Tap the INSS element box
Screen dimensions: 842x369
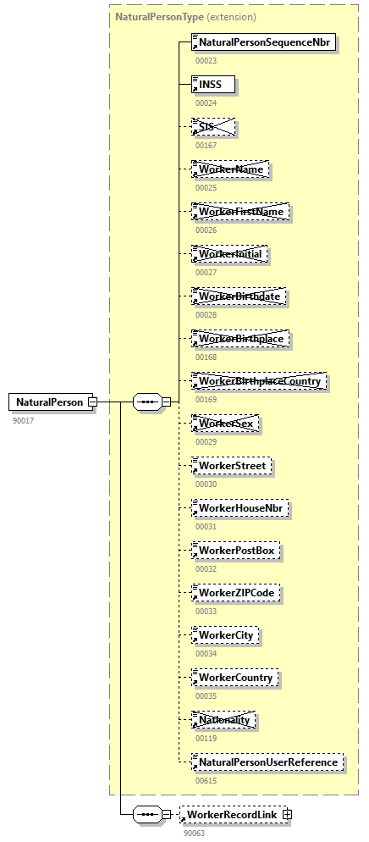[x=212, y=85]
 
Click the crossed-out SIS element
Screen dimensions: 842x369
[x=212, y=127]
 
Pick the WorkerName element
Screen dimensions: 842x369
[x=231, y=169]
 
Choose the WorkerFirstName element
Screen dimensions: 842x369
[x=241, y=212]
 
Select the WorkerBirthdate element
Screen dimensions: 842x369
[x=240, y=296]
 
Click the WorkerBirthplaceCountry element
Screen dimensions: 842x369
[x=259, y=381]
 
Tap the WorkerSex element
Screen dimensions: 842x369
[x=225, y=424]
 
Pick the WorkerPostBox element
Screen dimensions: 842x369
[x=236, y=551]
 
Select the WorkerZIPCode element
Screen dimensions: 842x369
[x=236, y=593]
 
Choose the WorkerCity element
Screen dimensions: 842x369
[x=226, y=635]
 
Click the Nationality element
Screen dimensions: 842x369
[x=224, y=720]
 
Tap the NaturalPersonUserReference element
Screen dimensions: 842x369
[x=267, y=762]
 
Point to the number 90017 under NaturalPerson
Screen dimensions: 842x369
[x=24, y=420]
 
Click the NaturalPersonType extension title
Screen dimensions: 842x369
[x=185, y=17]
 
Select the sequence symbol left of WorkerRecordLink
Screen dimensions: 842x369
[x=147, y=814]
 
